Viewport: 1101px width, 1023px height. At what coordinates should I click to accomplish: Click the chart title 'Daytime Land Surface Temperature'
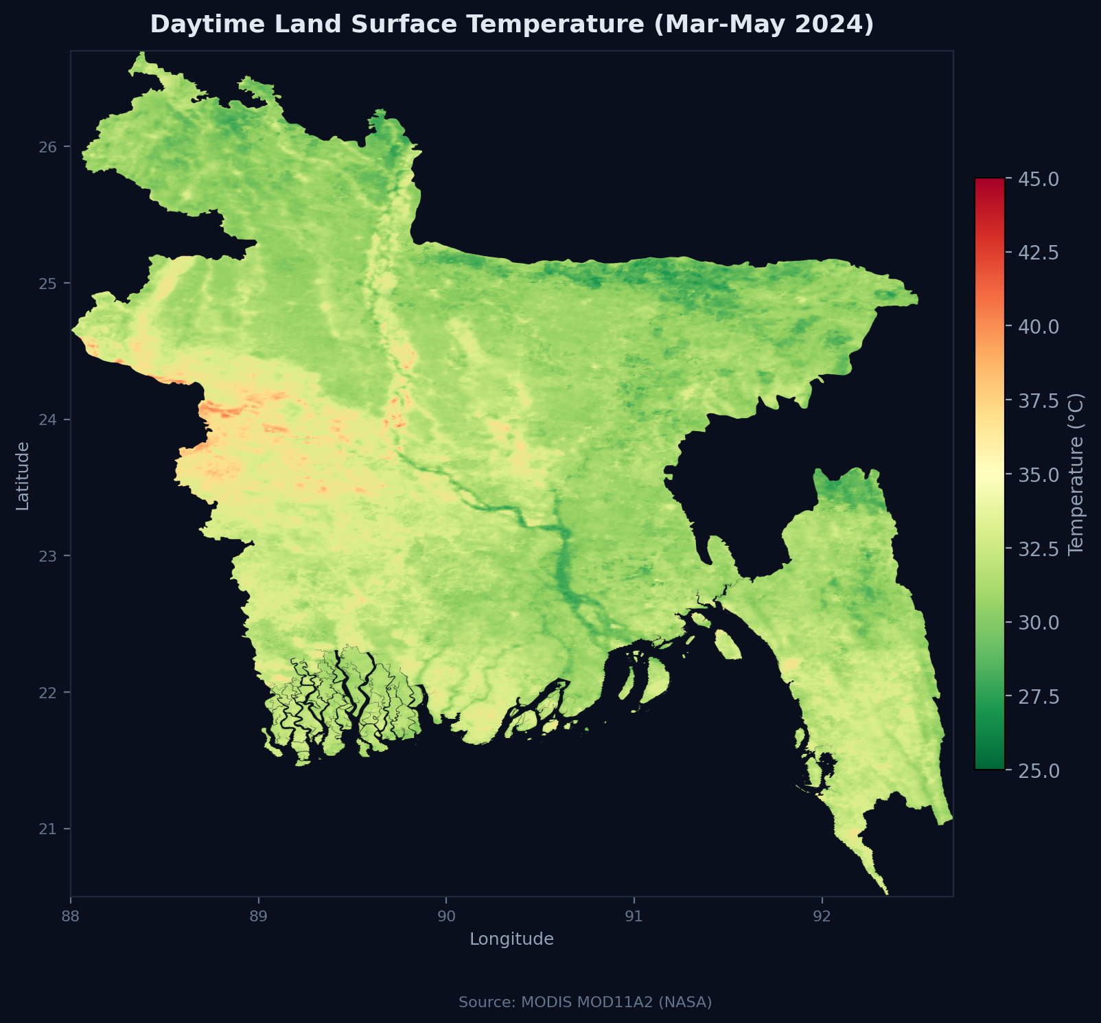[511, 25]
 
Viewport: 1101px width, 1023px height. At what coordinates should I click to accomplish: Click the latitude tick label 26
[47, 147]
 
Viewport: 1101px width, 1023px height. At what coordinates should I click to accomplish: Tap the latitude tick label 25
[47, 284]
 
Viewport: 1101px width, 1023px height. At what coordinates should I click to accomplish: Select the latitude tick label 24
[47, 419]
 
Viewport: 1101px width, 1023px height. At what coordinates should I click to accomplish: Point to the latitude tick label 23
[47, 556]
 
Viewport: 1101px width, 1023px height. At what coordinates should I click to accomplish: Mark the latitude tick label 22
[47, 693]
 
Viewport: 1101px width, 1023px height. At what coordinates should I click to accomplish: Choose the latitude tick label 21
[47, 829]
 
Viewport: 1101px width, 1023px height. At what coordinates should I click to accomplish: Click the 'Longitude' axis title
[511, 939]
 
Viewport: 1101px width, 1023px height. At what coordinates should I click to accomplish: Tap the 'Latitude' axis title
[23, 476]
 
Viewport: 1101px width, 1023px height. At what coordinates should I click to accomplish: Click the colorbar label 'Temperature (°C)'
[1076, 474]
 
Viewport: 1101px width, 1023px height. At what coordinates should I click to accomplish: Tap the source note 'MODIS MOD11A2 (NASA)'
[585, 1002]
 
